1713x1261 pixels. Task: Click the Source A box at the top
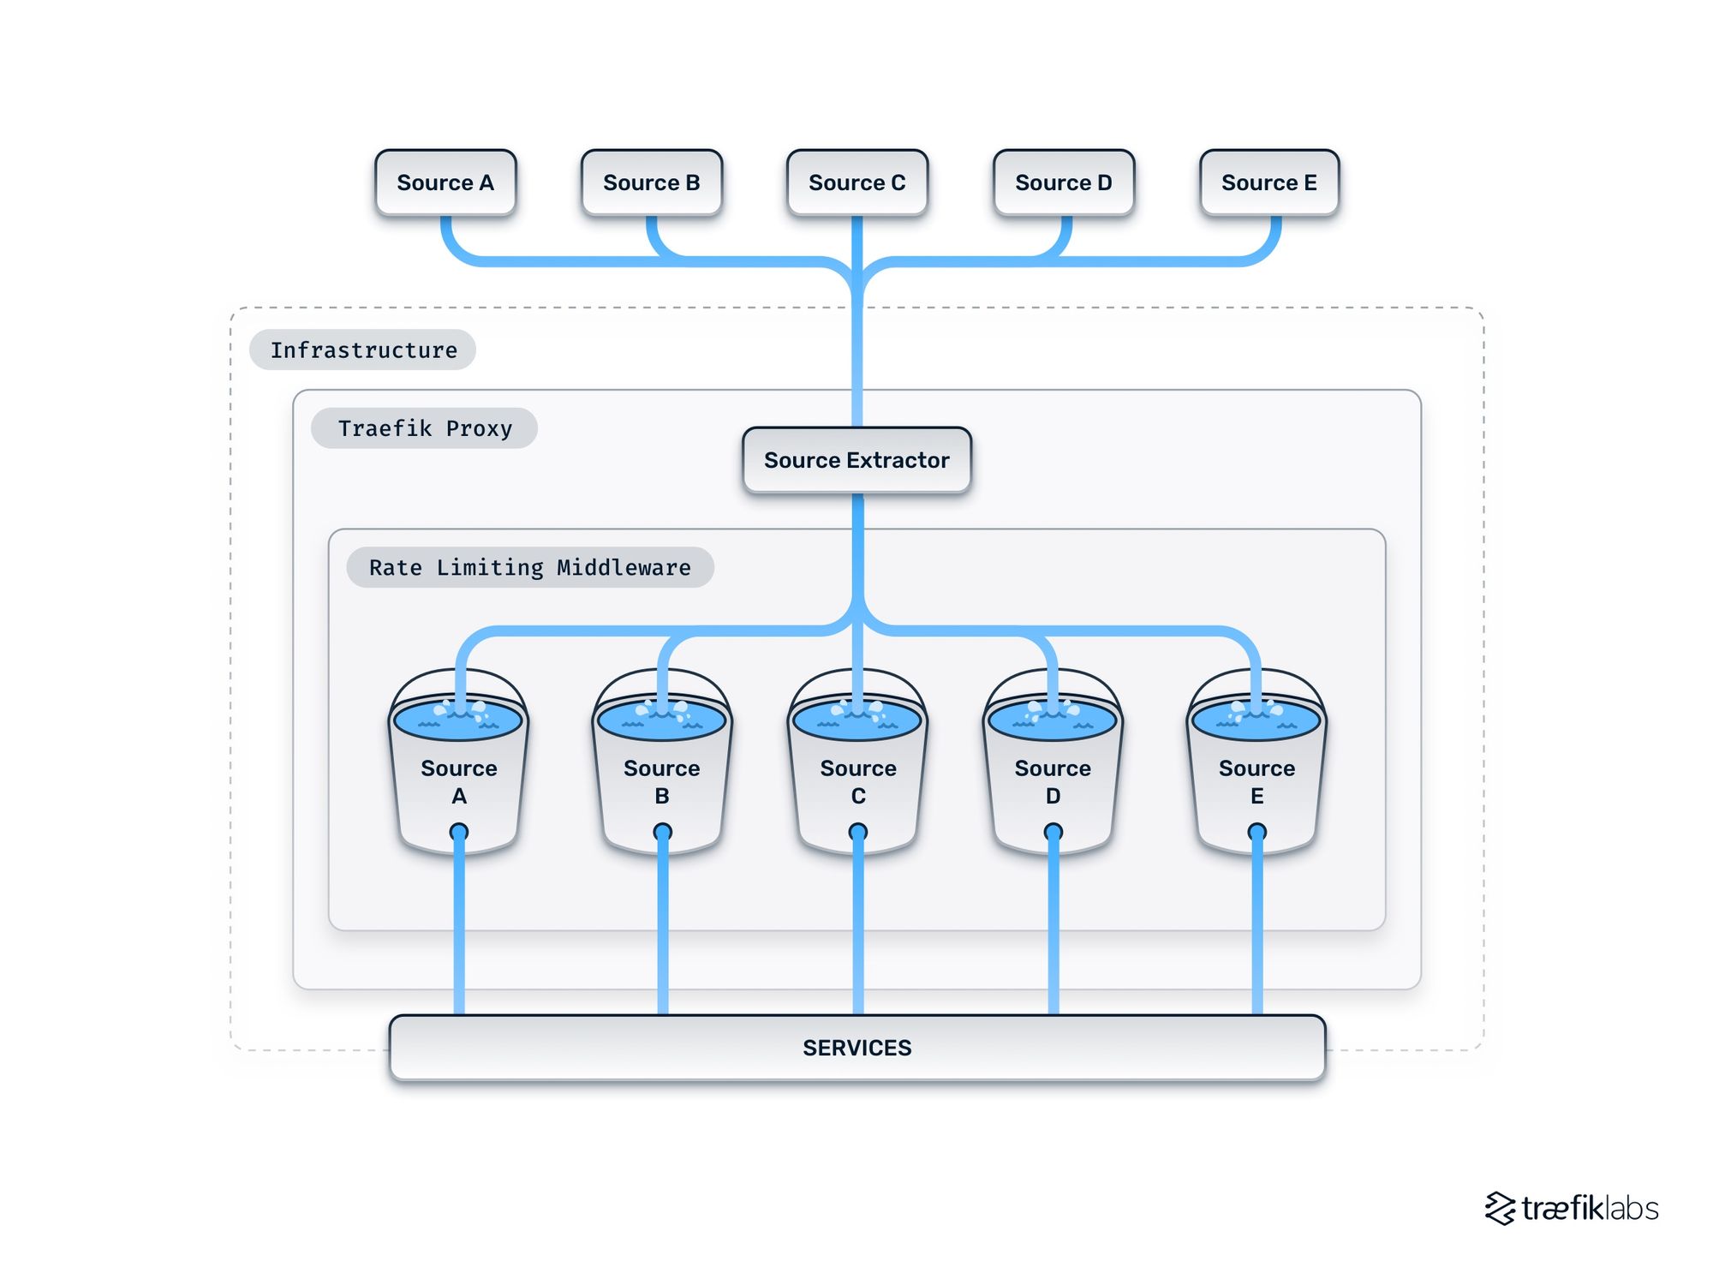445,182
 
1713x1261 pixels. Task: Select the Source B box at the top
651,182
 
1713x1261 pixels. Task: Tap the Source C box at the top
856,182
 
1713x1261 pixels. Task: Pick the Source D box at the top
1063,182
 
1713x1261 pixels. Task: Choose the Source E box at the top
1268,182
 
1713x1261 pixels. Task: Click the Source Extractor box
856,460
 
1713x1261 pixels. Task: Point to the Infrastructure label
363,350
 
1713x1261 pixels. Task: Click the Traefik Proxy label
424,427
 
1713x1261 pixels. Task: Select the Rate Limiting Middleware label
529,567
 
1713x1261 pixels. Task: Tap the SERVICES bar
856,1047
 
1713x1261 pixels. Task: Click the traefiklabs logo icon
1500,1208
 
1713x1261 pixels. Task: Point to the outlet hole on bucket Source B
662,832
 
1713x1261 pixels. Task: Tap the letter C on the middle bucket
858,796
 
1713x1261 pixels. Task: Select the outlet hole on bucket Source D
1053,832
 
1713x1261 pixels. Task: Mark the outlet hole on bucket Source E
1256,832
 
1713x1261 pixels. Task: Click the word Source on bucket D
1053,768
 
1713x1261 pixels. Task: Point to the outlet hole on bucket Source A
459,832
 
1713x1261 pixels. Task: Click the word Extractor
898,460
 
